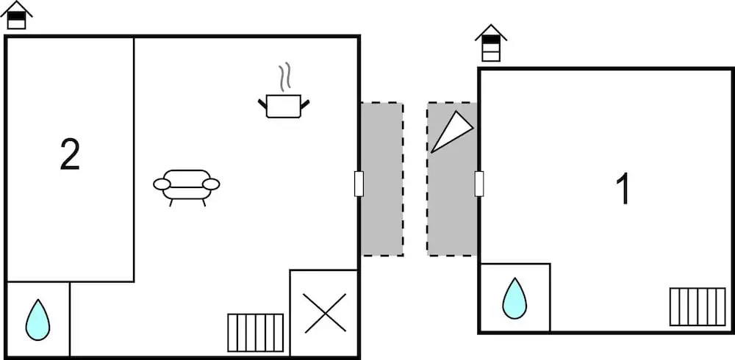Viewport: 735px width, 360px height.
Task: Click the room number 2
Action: pyautogui.click(x=70, y=155)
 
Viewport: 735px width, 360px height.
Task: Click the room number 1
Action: pyautogui.click(x=623, y=189)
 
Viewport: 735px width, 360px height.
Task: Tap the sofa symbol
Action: pyautogui.click(x=187, y=184)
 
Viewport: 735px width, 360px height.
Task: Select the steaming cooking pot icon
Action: pyautogui.click(x=284, y=105)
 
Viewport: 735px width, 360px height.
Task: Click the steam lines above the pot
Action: pyautogui.click(x=284, y=78)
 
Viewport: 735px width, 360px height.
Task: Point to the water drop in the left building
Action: pyautogui.click(x=37, y=320)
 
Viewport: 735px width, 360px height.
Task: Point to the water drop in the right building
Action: pyautogui.click(x=514, y=298)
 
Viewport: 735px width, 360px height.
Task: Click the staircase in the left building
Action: pyautogui.click(x=255, y=332)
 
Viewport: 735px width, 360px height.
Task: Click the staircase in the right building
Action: pyautogui.click(x=697, y=306)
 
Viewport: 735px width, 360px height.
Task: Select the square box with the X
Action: pyautogui.click(x=324, y=313)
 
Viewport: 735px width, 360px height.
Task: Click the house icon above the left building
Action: pyautogui.click(x=17, y=15)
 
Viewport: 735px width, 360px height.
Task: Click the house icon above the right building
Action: pyautogui.click(x=491, y=43)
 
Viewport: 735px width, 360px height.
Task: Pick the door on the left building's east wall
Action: pyautogui.click(x=359, y=183)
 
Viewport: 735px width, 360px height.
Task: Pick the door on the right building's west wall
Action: pyautogui.click(x=479, y=183)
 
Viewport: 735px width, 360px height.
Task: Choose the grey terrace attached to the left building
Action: pyautogui.click(x=382, y=179)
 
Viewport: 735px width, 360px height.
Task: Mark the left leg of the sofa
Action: pyautogui.click(x=171, y=201)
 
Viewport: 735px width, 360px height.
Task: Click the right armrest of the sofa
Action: pyautogui.click(x=211, y=184)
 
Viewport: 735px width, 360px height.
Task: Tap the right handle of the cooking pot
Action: pyautogui.click(x=306, y=103)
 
